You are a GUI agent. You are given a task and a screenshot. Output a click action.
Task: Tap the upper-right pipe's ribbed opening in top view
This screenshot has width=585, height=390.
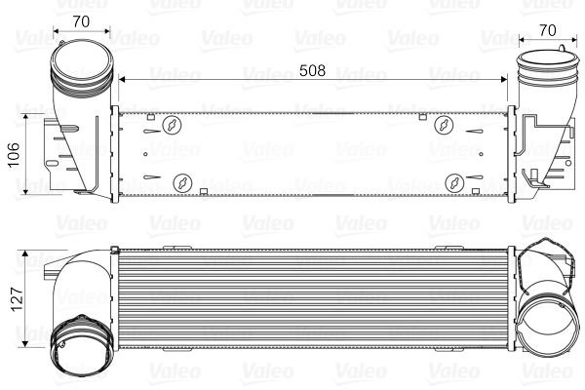tap(536, 72)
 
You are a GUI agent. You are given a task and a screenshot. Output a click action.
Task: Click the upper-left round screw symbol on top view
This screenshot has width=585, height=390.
tap(172, 125)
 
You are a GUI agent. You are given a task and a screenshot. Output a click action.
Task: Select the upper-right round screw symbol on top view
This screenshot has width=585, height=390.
tap(445, 124)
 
